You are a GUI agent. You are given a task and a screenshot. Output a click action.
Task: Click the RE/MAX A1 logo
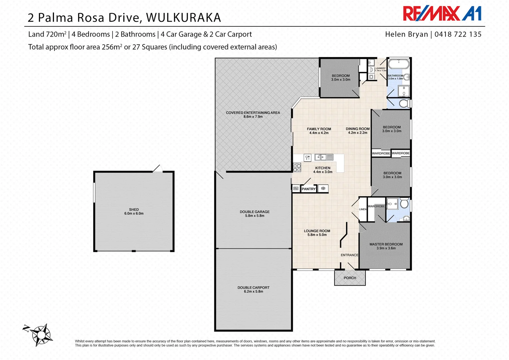point(442,14)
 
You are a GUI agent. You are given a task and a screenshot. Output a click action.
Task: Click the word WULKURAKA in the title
point(183,18)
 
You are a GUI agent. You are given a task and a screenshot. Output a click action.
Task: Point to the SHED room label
point(134,210)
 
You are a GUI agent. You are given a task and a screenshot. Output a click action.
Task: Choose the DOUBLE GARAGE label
point(254,212)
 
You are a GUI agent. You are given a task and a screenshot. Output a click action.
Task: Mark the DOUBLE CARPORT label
point(254,287)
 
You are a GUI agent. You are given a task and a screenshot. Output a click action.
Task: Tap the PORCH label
point(350,278)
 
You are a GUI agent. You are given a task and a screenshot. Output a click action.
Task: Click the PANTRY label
point(308,189)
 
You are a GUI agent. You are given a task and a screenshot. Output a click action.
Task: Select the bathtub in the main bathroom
point(399,64)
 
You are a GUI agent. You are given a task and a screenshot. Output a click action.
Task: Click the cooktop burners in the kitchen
point(297,167)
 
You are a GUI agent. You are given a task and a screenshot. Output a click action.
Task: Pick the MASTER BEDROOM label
point(386,244)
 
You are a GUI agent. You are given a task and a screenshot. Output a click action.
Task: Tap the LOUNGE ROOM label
point(317,231)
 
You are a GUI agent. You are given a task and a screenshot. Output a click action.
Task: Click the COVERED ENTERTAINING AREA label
point(253,113)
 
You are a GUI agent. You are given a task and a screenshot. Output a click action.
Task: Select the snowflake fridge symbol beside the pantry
point(323,189)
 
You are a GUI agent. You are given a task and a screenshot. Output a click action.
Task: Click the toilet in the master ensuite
point(404,203)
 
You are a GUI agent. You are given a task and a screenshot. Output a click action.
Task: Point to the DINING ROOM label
point(357,129)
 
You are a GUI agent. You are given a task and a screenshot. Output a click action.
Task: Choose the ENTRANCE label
point(349,255)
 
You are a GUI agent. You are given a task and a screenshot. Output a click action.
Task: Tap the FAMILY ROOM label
point(319,129)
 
